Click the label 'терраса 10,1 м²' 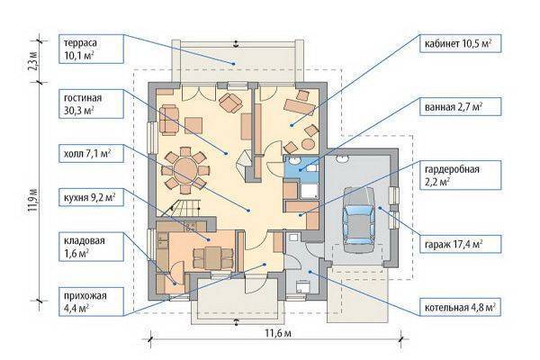[91, 49]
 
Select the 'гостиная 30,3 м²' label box [91, 103]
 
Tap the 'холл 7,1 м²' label [91, 153]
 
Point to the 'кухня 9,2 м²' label [91, 197]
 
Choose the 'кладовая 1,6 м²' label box [91, 247]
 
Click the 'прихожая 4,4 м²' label [91, 301]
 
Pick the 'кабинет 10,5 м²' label [460, 43]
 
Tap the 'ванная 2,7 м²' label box [460, 106]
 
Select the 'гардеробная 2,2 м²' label [460, 175]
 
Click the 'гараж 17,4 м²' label [460, 244]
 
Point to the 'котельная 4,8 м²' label [460, 307]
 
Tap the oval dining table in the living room [185, 170]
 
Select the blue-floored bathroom [301, 167]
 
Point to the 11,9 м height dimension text [33, 199]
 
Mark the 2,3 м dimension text [33, 60]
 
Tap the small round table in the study [308, 144]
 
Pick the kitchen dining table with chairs [212, 257]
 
